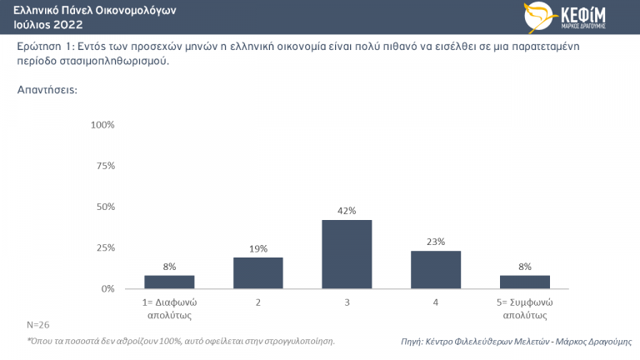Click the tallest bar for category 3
point(347,254)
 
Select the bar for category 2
point(258,273)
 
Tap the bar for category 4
point(436,270)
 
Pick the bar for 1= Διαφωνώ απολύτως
point(169,282)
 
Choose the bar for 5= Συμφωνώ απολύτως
point(525,282)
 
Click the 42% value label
point(347,212)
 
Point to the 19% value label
point(258,248)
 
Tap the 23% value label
point(436,242)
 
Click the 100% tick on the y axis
point(102,125)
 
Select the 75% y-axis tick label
point(104,166)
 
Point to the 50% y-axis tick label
point(104,207)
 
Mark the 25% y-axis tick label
point(104,247)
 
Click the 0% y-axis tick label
point(107,288)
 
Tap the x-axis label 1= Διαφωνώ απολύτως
point(169,308)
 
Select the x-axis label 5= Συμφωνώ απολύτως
point(525,308)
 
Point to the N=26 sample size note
point(38,324)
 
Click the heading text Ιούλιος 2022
point(48,24)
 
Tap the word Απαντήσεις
point(47,89)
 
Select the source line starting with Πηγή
point(516,342)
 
